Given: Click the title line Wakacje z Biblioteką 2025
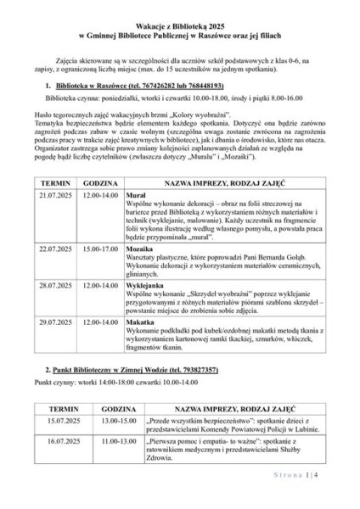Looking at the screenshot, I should point(180,28).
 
